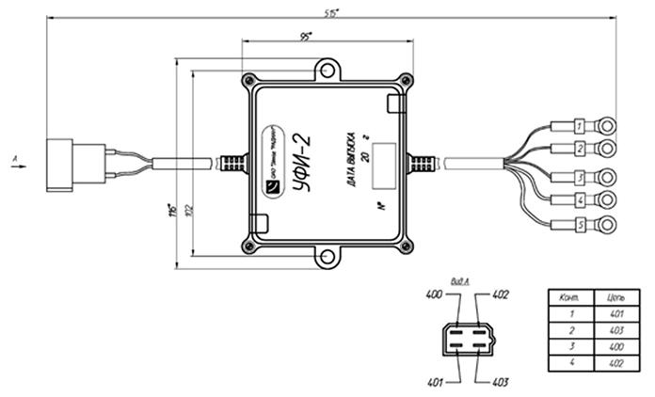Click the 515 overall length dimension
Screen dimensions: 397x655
click(x=330, y=12)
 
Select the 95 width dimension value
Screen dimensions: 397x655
click(x=307, y=35)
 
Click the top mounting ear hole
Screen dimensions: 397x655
click(x=327, y=69)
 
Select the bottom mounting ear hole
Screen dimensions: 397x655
click(x=327, y=259)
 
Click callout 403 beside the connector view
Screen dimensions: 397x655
click(x=501, y=382)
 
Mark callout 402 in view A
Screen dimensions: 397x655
click(x=501, y=295)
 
